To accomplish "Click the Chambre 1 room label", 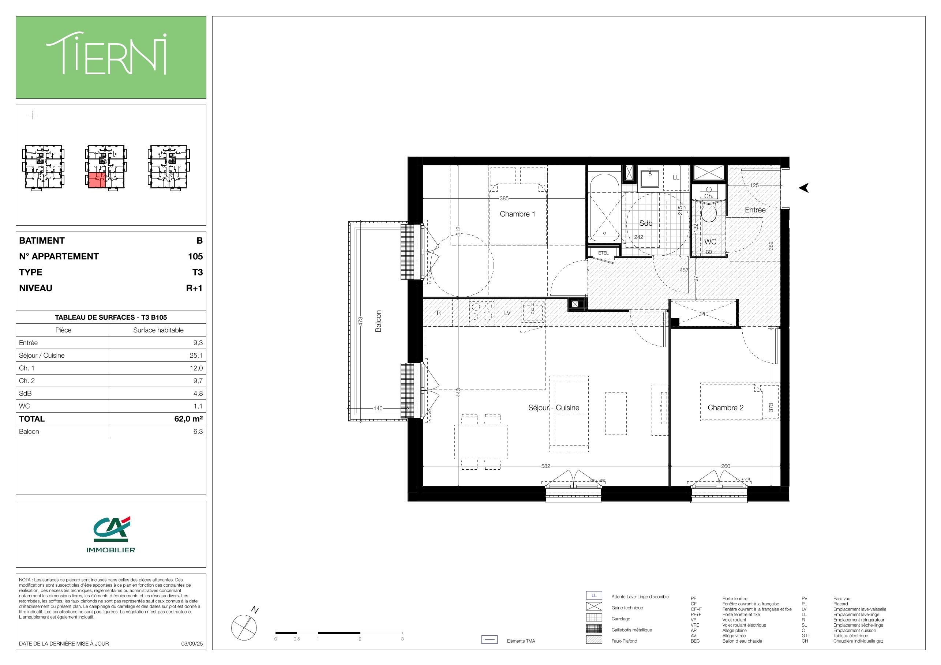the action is click(x=517, y=214).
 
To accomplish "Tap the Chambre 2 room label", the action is click(x=726, y=408).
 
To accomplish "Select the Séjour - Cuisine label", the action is click(x=554, y=408).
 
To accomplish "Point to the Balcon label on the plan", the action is click(x=378, y=321).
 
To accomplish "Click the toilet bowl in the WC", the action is click(x=708, y=213).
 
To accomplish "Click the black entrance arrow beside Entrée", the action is click(x=804, y=188).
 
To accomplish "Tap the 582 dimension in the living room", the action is click(x=546, y=466).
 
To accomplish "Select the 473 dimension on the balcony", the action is click(x=361, y=321).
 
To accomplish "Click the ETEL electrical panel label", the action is click(x=603, y=253).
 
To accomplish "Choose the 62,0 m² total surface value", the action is click(x=188, y=419).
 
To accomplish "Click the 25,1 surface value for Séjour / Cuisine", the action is click(x=196, y=355).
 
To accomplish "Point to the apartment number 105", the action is click(x=195, y=256).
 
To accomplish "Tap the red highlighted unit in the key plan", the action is click(x=97, y=180).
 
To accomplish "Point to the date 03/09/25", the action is click(x=192, y=644).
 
